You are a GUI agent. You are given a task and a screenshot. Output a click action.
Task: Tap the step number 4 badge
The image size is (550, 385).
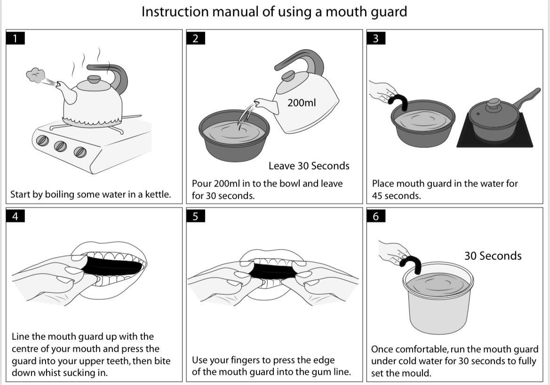pyautogui.click(x=16, y=216)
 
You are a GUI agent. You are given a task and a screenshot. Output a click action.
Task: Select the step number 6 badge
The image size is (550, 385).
pyautogui.click(x=375, y=216)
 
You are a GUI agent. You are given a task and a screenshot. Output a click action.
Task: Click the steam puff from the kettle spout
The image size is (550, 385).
pyautogui.click(x=35, y=74)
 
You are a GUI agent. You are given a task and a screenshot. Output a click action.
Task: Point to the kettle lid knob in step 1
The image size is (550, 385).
pyautogui.click(x=94, y=79)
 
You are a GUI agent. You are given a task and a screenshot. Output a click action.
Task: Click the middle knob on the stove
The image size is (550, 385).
pyautogui.click(x=60, y=146)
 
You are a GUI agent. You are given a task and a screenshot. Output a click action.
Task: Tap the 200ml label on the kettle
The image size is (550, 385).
pyautogui.click(x=301, y=102)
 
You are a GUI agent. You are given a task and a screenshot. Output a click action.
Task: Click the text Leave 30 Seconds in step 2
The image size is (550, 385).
pyautogui.click(x=309, y=166)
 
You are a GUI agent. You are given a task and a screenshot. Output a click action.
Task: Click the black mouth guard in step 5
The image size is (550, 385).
pyautogui.click(x=272, y=272)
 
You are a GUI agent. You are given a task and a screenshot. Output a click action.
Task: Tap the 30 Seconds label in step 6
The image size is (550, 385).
pyautogui.click(x=493, y=256)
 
